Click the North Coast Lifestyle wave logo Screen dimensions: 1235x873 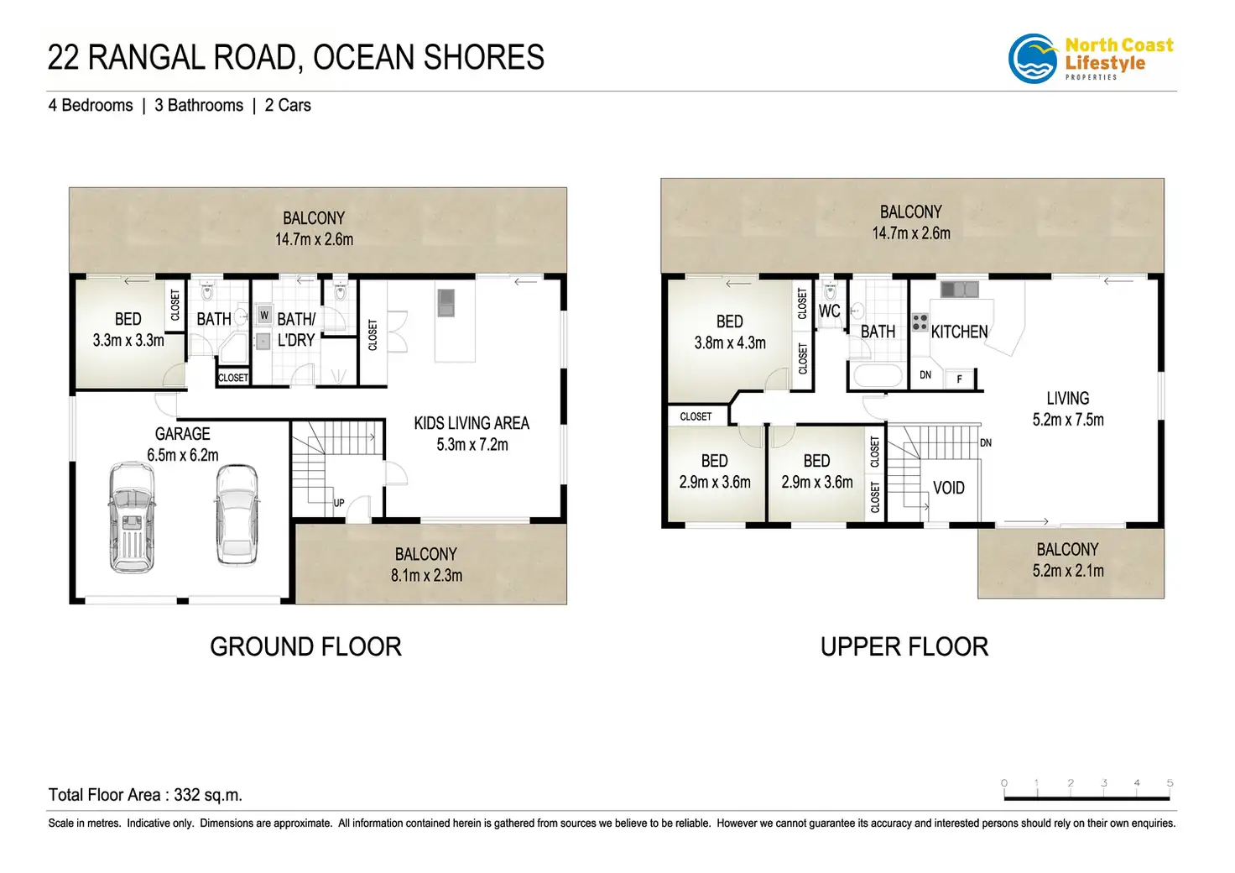pos(1032,59)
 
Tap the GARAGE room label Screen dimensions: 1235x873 pos(183,434)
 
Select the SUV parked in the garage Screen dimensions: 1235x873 pos(132,517)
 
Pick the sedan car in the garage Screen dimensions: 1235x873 pos(237,515)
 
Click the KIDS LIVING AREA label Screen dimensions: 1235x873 pos(472,423)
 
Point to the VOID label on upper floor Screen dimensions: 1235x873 pos(948,488)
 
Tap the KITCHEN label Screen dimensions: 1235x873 pos(959,332)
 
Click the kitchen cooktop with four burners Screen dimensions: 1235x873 pos(919,322)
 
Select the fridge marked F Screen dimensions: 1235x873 pos(959,379)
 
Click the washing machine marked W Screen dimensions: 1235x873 pos(264,316)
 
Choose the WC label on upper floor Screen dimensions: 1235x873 pos(829,311)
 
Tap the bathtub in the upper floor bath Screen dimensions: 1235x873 pos(878,375)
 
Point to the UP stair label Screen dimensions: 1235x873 pos(338,503)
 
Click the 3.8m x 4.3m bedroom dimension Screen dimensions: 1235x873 pos(729,342)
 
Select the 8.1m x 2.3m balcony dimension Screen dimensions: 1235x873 pos(426,575)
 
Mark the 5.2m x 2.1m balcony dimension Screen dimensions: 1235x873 pos(1067,570)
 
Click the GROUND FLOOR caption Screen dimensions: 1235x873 pos(305,646)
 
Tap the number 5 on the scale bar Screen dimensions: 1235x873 pos(1170,782)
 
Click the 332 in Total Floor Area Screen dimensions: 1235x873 pos(186,795)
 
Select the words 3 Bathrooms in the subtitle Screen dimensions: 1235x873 pos(199,105)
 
